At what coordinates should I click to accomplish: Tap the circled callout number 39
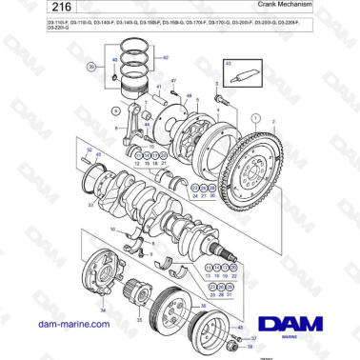coord(91,68)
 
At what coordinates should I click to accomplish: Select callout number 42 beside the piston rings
coord(165,59)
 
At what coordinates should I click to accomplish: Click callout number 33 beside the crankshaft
coord(90,204)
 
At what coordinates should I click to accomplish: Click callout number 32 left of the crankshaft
coord(88,150)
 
